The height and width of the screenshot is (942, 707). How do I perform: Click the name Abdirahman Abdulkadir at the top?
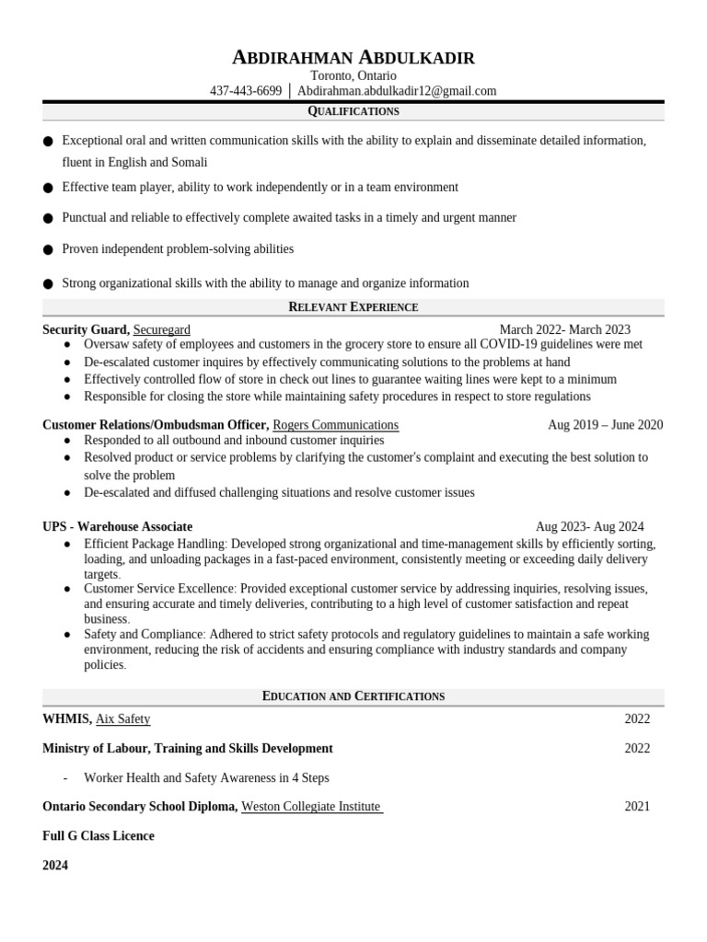click(353, 58)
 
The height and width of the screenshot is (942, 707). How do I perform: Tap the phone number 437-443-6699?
click(246, 91)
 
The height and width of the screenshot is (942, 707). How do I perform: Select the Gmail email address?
click(397, 91)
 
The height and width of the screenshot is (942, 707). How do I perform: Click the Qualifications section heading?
click(353, 111)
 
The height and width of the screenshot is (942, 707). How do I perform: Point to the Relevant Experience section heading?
click(353, 307)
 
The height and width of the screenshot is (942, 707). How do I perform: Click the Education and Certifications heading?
click(353, 696)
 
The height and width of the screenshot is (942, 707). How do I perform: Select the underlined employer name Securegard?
click(162, 329)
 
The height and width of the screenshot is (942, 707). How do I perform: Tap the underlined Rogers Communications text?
click(335, 425)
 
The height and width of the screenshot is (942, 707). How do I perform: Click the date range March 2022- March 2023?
click(564, 329)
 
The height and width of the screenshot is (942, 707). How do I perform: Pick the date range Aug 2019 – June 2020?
click(605, 425)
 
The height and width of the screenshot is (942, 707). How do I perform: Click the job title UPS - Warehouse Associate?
click(117, 527)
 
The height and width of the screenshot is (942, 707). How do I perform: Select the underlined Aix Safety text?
click(122, 719)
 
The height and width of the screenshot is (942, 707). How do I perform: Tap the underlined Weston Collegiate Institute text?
click(311, 807)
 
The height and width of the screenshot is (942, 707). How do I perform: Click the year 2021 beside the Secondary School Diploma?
click(637, 807)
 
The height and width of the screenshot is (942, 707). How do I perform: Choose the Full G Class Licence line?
click(99, 836)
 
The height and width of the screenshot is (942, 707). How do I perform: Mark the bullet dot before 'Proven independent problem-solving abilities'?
click(48, 249)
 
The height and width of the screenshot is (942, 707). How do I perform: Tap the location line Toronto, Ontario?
click(353, 75)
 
